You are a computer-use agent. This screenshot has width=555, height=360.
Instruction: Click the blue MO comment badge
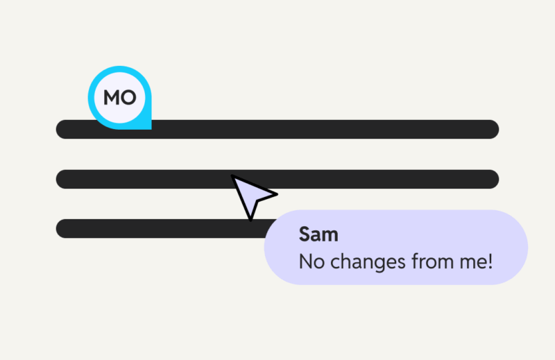pos(119,98)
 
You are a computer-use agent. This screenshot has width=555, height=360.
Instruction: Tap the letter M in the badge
pos(111,98)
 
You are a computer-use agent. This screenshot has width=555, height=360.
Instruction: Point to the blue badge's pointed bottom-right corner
pos(148,126)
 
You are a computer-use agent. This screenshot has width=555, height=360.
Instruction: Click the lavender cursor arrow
pos(251,195)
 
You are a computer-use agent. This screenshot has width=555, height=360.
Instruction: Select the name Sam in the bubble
pos(318,234)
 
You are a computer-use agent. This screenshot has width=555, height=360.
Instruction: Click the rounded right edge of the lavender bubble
pos(523,248)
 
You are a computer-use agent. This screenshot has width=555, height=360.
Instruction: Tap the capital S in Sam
pos(305,234)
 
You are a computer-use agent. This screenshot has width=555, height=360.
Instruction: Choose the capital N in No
pos(305,262)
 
